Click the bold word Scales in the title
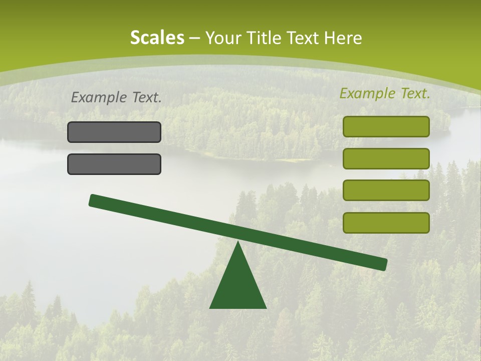click(x=157, y=38)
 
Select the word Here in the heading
click(x=344, y=38)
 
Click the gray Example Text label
click(x=116, y=98)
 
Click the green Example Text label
click(x=385, y=93)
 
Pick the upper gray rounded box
click(x=114, y=132)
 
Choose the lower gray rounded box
click(x=114, y=164)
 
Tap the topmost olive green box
click(x=386, y=126)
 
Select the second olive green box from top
click(x=386, y=158)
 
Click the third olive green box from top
click(x=386, y=190)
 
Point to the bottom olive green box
click(x=386, y=223)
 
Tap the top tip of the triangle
click(x=238, y=243)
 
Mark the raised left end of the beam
click(x=93, y=200)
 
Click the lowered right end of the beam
click(x=383, y=264)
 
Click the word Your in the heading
click(x=220, y=38)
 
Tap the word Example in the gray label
click(x=100, y=98)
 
